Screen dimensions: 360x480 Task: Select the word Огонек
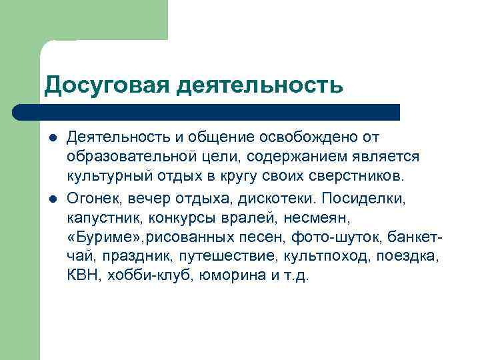(x=89, y=199)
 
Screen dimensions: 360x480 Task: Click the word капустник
(x=104, y=218)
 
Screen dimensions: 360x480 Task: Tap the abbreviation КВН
(x=81, y=275)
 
